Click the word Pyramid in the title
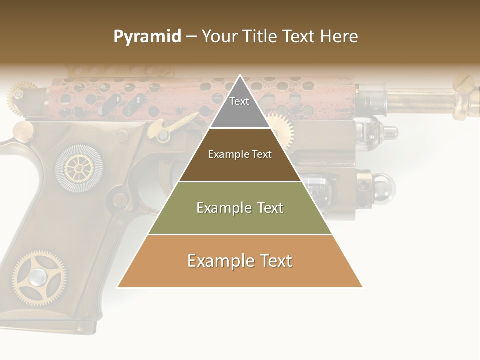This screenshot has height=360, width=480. coord(147,37)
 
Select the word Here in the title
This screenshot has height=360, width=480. coord(339,37)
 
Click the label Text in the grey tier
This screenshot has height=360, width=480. coord(239,101)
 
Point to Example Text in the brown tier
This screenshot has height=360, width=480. coord(240,154)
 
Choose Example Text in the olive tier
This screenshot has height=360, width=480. coord(240,208)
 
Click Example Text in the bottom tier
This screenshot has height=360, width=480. coord(240,261)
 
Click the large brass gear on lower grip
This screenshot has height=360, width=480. coord(38,277)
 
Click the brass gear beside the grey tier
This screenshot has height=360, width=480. coord(279,125)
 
